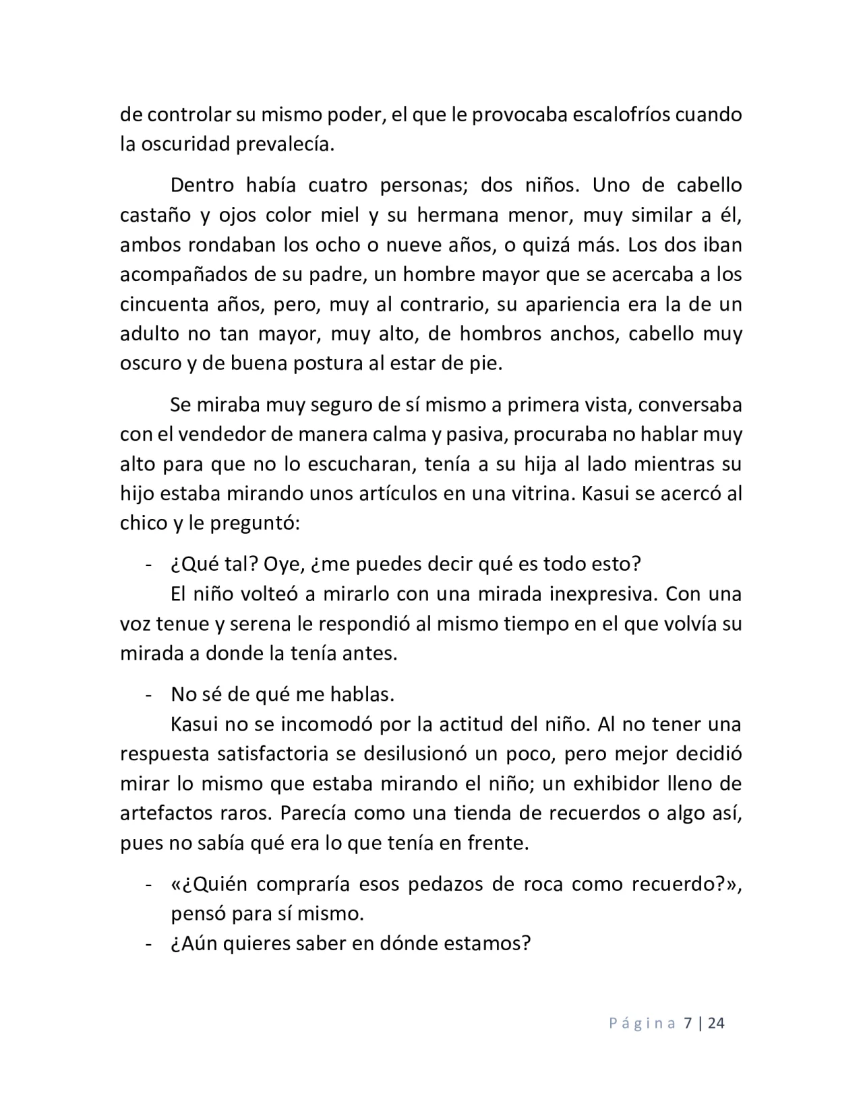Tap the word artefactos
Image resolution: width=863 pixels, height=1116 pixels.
[165, 813]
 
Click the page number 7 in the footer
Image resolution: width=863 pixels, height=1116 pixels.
[688, 1023]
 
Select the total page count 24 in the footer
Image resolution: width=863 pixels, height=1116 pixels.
[717, 1023]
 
